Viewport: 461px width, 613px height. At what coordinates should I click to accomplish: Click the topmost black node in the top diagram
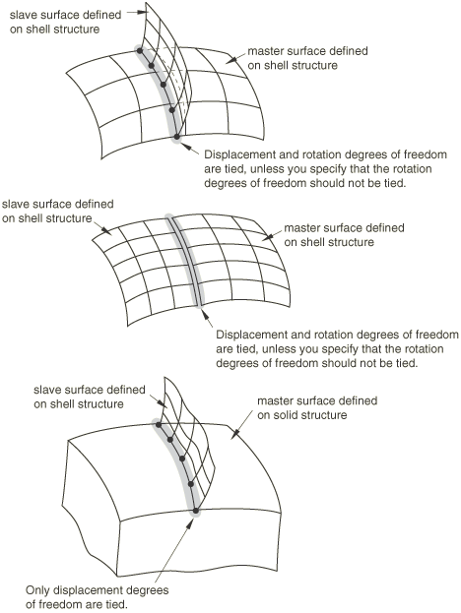[x=139, y=50]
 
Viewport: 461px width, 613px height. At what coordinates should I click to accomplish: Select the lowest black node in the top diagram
[x=177, y=137]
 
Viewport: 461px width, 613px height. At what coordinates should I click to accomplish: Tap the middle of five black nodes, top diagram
[x=164, y=84]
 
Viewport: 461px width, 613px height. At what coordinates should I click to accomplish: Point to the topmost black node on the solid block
[x=159, y=424]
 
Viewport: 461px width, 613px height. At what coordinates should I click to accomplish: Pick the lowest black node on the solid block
[x=196, y=511]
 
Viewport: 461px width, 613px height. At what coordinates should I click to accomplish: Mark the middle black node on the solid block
[x=182, y=459]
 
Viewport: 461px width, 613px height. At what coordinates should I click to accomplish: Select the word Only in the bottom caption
[x=37, y=590]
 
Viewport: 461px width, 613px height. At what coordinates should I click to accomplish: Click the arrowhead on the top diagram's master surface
[x=230, y=60]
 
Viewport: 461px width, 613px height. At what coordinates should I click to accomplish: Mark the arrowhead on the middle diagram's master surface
[x=266, y=236]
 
